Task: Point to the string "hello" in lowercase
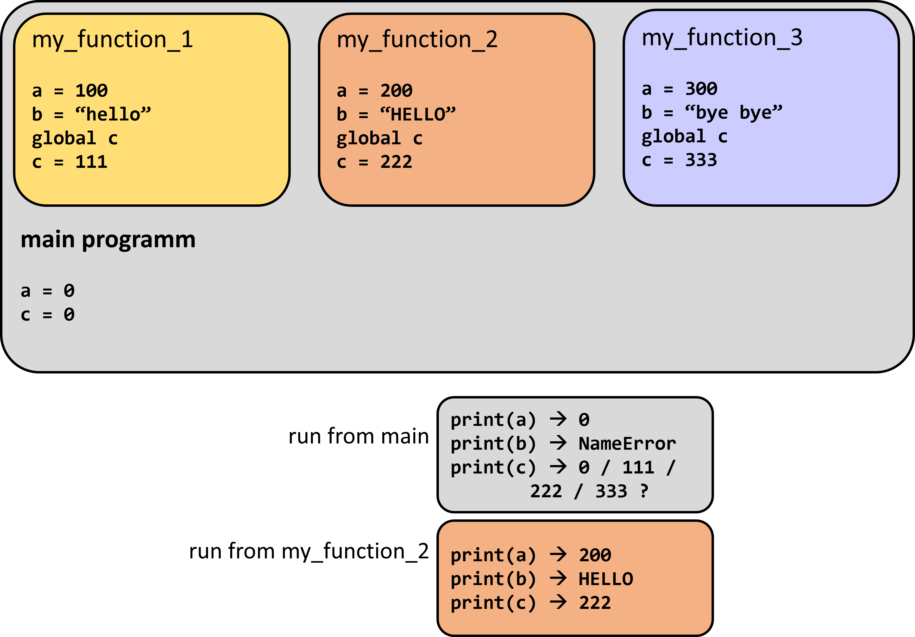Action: (x=113, y=114)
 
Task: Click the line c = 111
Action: (x=70, y=162)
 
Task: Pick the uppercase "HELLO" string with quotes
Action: (x=418, y=114)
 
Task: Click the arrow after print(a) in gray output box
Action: (x=558, y=419)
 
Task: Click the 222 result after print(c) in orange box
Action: (x=595, y=603)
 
